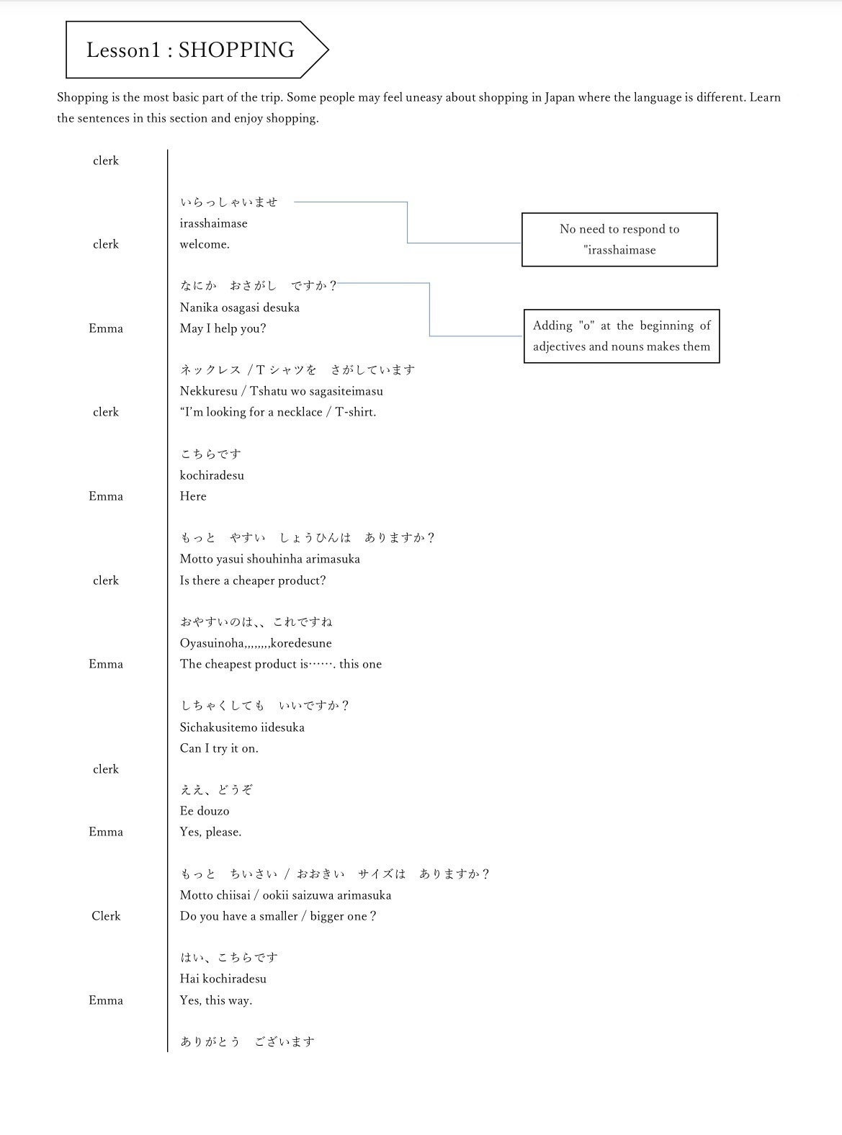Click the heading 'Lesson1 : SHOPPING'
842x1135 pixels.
point(190,50)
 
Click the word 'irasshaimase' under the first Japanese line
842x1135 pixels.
point(213,223)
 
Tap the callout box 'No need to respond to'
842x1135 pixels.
point(619,239)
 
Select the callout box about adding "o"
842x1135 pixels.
point(621,336)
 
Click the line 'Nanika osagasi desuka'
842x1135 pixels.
point(239,308)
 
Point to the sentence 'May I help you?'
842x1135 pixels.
point(223,328)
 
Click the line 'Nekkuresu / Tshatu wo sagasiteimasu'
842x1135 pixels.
point(281,391)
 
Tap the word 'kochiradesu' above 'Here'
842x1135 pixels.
point(212,475)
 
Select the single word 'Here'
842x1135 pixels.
point(193,496)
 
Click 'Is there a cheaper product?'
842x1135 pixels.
point(252,580)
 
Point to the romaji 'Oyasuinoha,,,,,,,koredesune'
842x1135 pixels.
point(255,643)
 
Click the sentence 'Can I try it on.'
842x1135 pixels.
point(219,748)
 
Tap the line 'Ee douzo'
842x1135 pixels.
point(205,811)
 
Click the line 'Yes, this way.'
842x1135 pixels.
point(215,1000)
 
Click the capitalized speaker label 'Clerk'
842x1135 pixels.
point(106,916)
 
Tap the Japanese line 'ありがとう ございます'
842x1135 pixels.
point(247,1041)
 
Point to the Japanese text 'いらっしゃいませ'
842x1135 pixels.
point(228,202)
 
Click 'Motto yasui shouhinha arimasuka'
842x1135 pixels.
point(269,559)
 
